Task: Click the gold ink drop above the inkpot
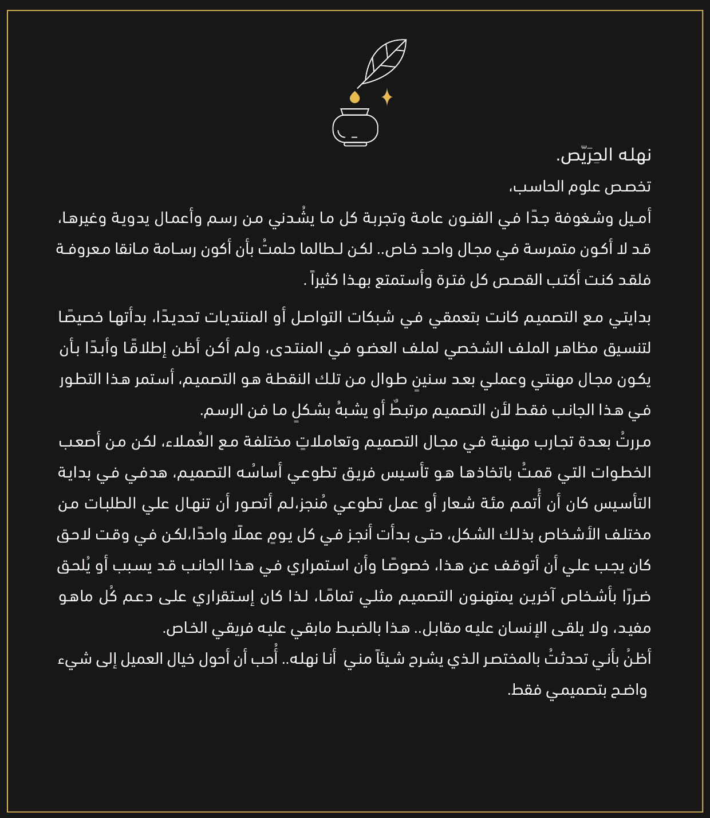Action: click(355, 97)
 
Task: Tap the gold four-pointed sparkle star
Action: click(387, 97)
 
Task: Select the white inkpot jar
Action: click(355, 127)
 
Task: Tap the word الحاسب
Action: click(549, 187)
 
